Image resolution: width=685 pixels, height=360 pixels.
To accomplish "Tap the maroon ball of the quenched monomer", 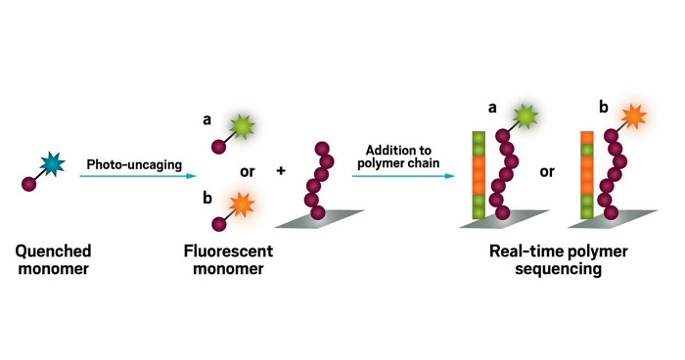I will [29, 184].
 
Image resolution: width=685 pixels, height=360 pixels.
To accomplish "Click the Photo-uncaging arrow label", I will [134, 164].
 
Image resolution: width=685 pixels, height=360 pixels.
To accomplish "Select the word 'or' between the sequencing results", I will [546, 171].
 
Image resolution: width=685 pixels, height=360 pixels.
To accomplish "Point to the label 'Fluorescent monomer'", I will [228, 259].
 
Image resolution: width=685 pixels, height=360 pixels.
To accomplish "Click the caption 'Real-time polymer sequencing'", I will [559, 259].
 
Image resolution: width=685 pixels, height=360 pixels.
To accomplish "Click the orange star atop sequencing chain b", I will [632, 116].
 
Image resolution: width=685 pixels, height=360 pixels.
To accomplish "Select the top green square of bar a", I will [479, 138].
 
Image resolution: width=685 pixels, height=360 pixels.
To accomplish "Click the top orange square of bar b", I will [586, 138].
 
